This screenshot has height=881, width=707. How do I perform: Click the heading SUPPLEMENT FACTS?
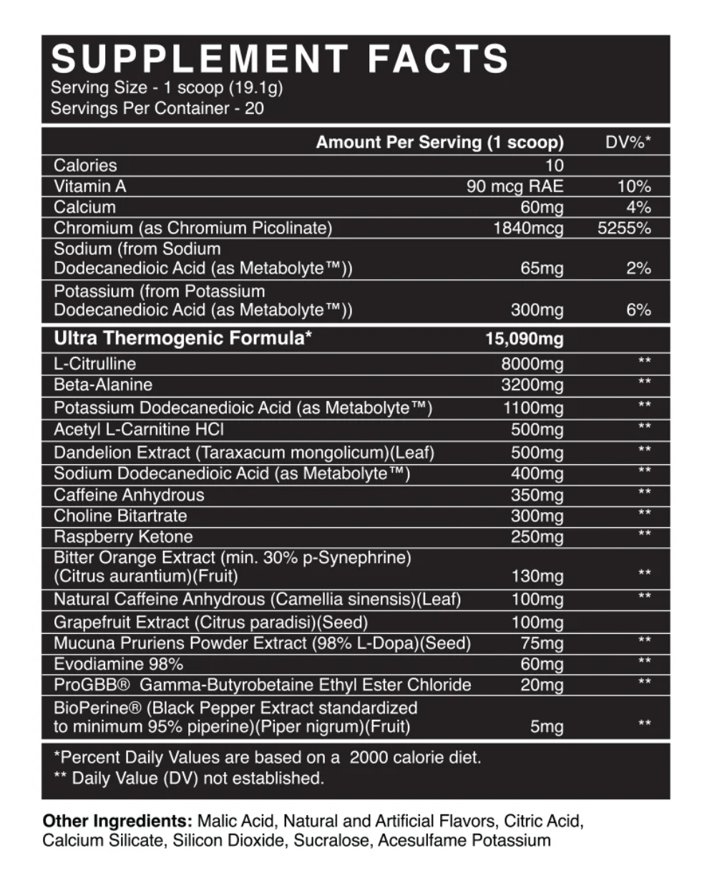click(x=280, y=59)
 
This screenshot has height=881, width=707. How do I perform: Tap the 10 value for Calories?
click(x=554, y=165)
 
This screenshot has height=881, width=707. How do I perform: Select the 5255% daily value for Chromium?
click(x=624, y=228)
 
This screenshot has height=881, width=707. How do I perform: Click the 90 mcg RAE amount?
click(x=515, y=187)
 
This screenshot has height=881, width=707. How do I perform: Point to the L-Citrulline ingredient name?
click(x=94, y=363)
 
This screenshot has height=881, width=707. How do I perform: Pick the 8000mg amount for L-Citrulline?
click(x=532, y=364)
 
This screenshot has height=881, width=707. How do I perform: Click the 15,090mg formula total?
click(x=525, y=339)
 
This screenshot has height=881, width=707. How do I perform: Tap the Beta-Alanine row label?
click(x=103, y=385)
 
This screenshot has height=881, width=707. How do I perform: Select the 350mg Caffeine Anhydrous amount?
click(x=537, y=495)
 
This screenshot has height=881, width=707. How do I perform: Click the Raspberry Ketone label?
click(x=123, y=536)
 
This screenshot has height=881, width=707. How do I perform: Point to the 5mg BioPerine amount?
click(x=547, y=728)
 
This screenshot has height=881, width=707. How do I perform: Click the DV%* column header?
click(x=628, y=143)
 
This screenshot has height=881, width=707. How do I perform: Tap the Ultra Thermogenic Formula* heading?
click(x=182, y=338)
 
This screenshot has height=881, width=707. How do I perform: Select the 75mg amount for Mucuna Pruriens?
click(x=542, y=643)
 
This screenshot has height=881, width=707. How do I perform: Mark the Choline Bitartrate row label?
click(x=120, y=516)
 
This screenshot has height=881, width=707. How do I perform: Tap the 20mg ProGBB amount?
click(x=542, y=685)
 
